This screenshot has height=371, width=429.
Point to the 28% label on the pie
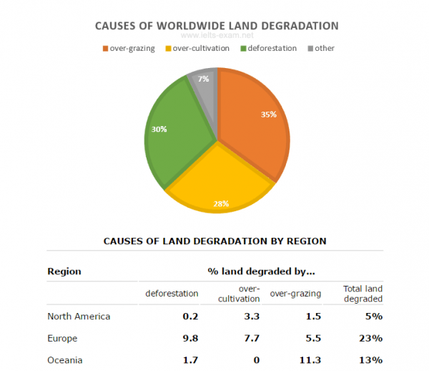point(220,203)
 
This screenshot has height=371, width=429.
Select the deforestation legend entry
point(267,49)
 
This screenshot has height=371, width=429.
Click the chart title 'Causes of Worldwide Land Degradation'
point(217,26)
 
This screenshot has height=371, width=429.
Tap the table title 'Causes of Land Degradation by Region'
point(215,241)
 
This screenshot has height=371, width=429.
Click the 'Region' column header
point(64,271)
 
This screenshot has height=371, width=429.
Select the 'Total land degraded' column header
point(363,294)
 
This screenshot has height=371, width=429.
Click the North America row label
point(79,316)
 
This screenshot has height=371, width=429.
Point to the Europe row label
point(62,337)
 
